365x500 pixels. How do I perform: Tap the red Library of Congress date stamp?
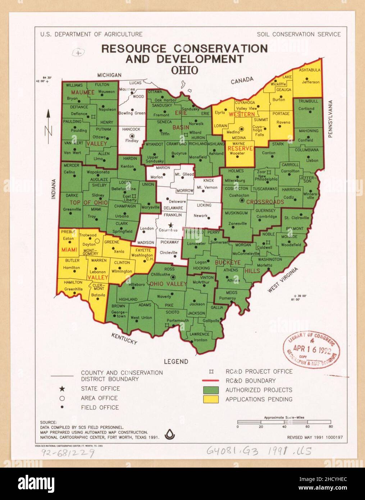click(311, 349)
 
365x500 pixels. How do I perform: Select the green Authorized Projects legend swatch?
click(211, 390)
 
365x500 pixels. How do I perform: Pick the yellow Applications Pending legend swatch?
click(211, 399)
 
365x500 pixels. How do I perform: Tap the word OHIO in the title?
click(184, 70)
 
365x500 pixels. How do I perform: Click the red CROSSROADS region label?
click(265, 202)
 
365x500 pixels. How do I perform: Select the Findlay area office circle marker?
click(132, 136)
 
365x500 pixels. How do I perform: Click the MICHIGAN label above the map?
click(109, 75)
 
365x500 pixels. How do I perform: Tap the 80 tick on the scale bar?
click(330, 427)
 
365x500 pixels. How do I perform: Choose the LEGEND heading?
click(176, 362)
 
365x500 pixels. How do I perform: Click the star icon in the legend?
click(62, 389)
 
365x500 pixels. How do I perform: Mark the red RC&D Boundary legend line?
click(211, 381)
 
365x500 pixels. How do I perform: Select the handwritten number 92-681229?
click(68, 453)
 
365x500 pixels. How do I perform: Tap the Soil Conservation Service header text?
click(298, 35)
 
